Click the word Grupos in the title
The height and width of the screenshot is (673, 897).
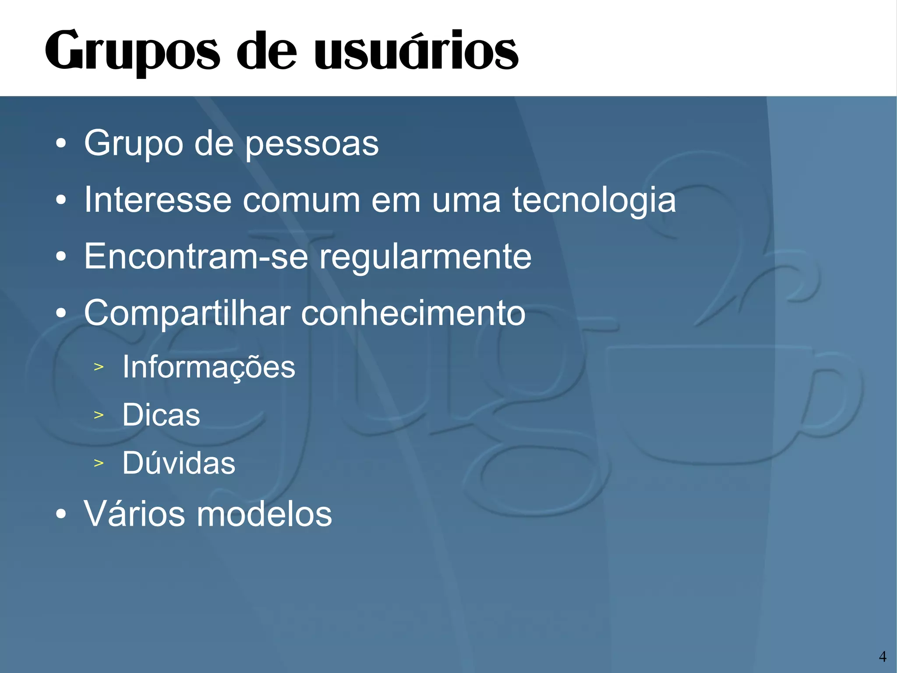[x=132, y=51]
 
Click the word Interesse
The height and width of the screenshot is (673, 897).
[x=157, y=200]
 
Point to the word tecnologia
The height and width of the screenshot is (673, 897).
[x=594, y=201]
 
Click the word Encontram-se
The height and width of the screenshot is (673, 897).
[x=196, y=256]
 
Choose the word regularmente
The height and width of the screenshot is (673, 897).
[x=425, y=257]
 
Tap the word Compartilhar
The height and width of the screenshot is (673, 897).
[x=187, y=313]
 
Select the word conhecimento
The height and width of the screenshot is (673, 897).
[x=413, y=313]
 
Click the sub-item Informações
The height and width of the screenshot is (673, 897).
[x=208, y=367]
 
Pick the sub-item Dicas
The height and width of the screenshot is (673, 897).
[x=161, y=415]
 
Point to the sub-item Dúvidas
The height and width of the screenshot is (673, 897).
[x=179, y=463]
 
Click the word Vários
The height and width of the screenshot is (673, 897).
[x=134, y=514]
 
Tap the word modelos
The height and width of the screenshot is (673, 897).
[x=264, y=514]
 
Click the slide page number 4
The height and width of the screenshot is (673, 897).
[x=882, y=656]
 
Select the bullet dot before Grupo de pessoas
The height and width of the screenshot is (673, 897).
[x=61, y=143]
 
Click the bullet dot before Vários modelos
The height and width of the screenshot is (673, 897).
[x=61, y=514]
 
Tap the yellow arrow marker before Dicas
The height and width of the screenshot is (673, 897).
[x=99, y=415]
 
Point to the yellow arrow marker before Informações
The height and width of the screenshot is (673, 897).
[x=99, y=367]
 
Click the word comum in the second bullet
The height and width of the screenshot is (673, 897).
[x=301, y=200]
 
